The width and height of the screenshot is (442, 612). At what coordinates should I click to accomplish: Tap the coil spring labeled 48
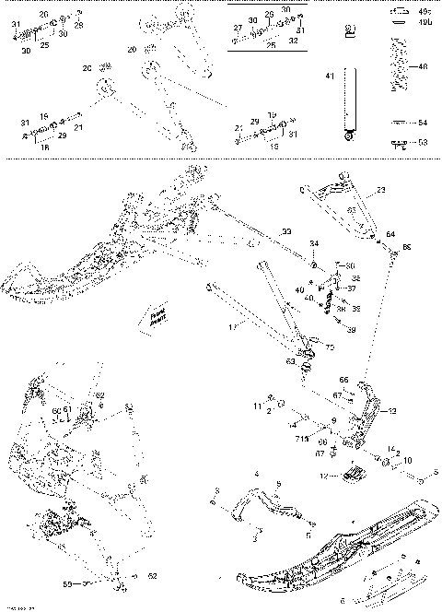[x=400, y=65]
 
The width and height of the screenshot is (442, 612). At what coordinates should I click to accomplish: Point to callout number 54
[x=423, y=122]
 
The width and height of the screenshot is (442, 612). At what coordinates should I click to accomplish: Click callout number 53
[x=423, y=143]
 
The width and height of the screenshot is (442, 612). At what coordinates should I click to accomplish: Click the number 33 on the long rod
[x=286, y=230]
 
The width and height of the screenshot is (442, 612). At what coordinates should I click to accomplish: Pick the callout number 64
[x=390, y=236]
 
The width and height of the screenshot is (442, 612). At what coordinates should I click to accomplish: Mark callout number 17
[x=232, y=325]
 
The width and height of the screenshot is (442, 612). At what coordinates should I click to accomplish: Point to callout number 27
[x=238, y=29]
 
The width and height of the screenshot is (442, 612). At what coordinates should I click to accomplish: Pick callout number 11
[x=257, y=406]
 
